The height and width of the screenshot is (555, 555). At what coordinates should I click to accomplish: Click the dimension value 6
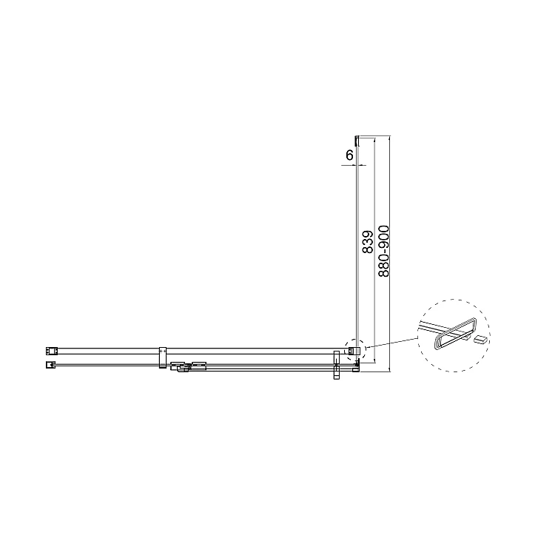349,155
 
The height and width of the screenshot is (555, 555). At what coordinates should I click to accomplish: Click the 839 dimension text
368,242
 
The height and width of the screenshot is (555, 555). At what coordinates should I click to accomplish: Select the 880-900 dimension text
383,251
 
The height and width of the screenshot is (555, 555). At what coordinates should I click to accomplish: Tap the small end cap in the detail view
481,340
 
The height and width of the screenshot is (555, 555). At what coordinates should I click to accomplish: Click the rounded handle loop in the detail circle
455,334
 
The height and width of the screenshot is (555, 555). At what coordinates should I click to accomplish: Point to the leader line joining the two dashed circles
391,343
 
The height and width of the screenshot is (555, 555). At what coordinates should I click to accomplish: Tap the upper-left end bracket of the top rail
51,351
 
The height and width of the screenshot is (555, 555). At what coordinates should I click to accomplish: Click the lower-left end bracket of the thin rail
50,364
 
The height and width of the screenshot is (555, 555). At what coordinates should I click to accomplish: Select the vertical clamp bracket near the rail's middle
163,357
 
